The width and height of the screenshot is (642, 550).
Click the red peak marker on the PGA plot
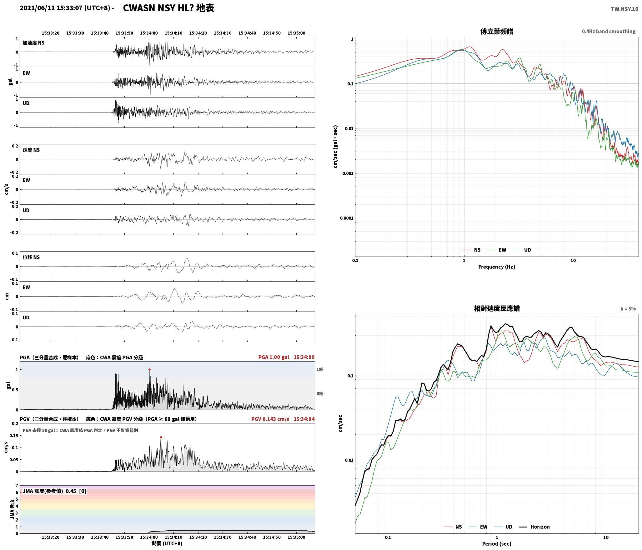149,369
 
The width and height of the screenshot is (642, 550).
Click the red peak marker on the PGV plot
161,437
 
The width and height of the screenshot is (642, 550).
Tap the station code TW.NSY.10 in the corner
624,9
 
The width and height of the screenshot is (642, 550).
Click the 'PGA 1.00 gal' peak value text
273,357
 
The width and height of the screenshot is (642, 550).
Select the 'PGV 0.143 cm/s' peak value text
270,419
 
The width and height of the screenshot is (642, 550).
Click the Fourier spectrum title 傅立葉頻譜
497,31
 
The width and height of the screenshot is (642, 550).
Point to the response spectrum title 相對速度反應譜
497,308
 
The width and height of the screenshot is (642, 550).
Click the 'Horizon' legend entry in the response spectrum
540,527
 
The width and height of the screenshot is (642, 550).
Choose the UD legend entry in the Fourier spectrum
527,250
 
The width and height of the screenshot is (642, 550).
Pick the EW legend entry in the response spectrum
484,527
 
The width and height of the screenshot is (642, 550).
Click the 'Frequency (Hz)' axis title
497,267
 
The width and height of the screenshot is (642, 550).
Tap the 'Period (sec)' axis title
497,544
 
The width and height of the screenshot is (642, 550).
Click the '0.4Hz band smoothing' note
609,32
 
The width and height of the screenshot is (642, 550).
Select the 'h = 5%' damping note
628,309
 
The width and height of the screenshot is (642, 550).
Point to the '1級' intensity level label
319,369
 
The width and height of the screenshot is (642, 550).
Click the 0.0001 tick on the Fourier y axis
347,218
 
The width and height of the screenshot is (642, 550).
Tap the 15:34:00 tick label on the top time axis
149,33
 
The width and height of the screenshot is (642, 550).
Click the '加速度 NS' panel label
33,43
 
